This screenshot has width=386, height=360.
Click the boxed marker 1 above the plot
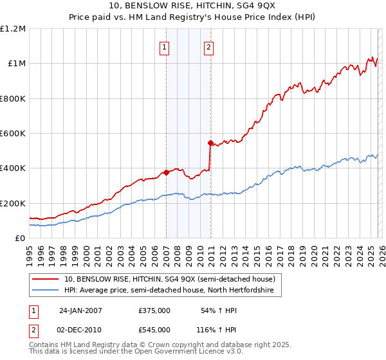point(165,47)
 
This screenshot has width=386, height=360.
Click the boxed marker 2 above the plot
point(210,47)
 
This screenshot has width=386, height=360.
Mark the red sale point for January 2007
point(166,172)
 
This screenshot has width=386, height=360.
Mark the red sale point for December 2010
point(210,143)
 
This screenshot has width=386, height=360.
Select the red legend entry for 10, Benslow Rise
point(170,279)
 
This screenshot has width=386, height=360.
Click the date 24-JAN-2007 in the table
point(80,310)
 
